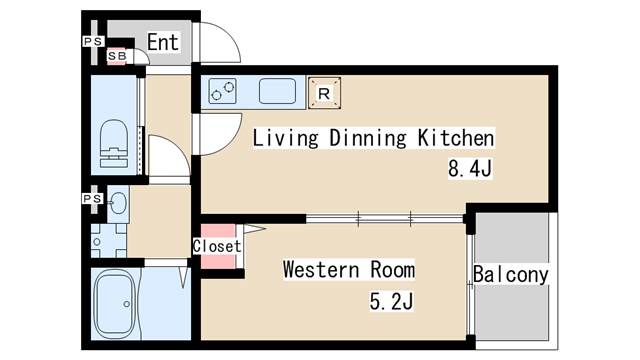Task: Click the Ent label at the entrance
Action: coord(163,42)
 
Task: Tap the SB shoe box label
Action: coord(117,56)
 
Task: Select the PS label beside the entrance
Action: coord(93,42)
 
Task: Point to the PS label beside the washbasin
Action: coord(92,199)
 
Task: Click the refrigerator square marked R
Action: coord(324,93)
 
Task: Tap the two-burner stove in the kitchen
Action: coord(222,91)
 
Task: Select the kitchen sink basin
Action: coord(278,91)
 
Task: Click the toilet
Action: coord(114,143)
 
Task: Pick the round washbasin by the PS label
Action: coord(118,202)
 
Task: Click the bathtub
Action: coord(115,304)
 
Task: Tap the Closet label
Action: coord(217,247)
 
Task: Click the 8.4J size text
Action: coord(470,168)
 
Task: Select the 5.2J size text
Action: coord(391,302)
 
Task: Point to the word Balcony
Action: coord(511,275)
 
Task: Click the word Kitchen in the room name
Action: coord(456,138)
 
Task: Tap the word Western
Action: coord(321,270)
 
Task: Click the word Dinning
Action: coord(367,138)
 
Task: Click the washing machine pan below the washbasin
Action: coord(109,241)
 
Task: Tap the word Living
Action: coord(285,138)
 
